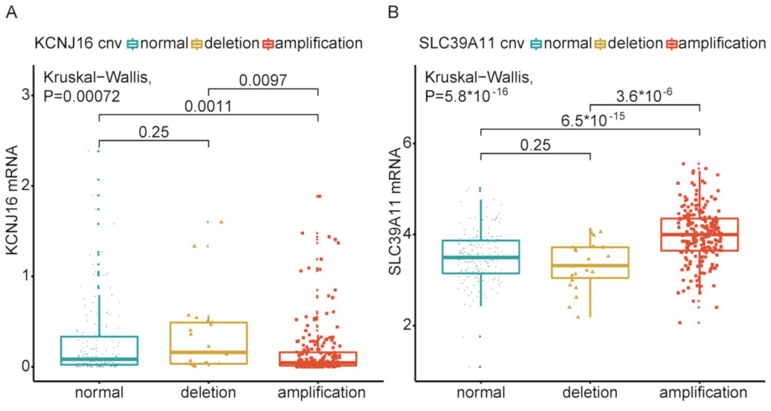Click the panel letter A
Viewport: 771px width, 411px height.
coord(12,13)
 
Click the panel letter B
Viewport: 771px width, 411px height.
coord(393,13)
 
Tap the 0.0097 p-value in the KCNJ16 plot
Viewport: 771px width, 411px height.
coord(263,80)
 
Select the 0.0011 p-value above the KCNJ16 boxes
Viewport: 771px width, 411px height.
coord(208,106)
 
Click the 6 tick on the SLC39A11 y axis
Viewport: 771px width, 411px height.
coord(407,143)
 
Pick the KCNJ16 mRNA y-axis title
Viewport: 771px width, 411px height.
coord(13,200)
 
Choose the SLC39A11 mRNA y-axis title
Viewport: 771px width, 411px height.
coord(395,211)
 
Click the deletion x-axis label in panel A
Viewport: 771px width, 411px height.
coord(208,393)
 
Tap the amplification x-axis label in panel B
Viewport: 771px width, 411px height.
coord(703,393)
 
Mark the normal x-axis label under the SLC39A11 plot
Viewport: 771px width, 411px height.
coord(481,393)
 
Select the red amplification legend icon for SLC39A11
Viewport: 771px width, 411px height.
coord(672,44)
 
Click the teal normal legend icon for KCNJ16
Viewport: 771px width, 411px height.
coord(132,44)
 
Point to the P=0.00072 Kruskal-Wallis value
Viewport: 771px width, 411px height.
coord(82,96)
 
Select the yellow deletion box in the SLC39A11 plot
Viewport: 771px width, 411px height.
coord(590,262)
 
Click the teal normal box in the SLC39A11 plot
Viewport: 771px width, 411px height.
coord(481,257)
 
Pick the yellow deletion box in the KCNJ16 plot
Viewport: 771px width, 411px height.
coord(208,343)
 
